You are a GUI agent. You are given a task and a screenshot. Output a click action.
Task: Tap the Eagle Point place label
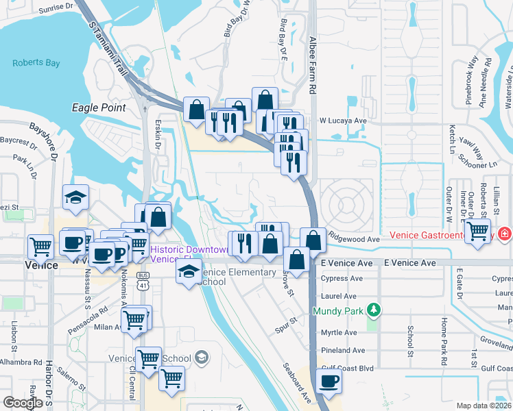99,108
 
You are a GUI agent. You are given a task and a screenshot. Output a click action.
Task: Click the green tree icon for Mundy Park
373,310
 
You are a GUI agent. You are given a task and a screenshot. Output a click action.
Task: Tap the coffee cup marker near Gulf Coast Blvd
329,381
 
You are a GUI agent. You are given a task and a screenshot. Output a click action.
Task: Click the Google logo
23,403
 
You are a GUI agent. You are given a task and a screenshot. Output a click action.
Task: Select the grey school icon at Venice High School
202,357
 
